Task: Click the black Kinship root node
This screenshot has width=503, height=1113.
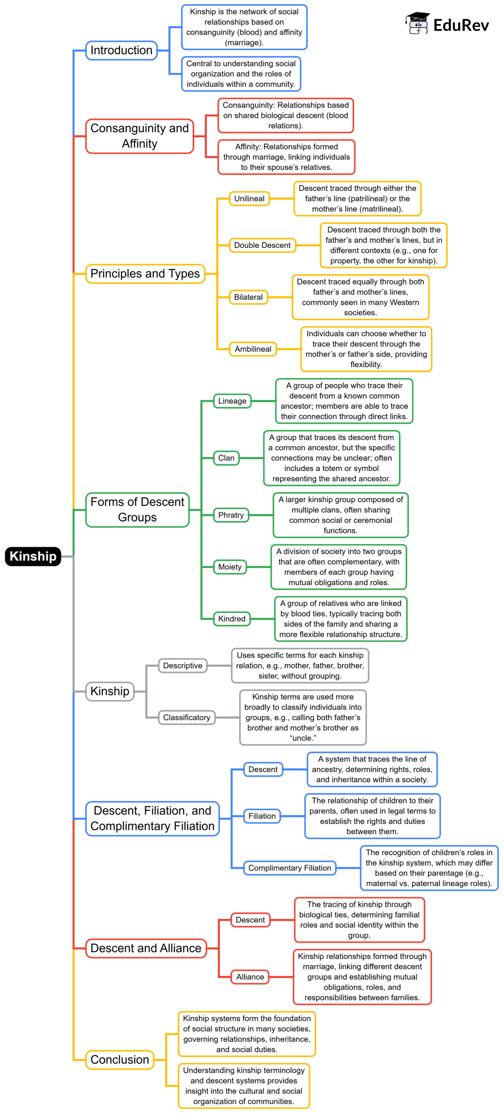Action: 33,556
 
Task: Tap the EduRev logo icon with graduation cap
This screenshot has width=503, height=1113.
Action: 418,24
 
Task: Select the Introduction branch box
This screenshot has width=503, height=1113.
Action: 121,50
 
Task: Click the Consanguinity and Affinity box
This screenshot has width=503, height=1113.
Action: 140,136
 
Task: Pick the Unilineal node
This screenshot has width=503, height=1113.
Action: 250,199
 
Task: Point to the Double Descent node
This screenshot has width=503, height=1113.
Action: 262,245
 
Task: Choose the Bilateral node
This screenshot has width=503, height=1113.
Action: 249,297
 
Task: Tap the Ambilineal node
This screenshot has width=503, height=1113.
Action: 253,349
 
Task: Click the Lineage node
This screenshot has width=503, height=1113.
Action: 232,401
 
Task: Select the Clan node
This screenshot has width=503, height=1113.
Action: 226,458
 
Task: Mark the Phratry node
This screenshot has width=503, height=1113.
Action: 231,515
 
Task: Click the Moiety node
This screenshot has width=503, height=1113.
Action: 230,567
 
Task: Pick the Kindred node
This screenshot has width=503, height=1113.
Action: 232,618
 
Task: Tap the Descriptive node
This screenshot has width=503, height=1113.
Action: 183,666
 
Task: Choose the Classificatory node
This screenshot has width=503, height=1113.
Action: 187,717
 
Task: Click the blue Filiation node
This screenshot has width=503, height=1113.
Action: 262,816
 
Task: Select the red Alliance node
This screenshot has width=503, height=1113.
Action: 250,977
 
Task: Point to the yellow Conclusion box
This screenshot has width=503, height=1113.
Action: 120,1059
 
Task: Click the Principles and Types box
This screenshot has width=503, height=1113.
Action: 145,273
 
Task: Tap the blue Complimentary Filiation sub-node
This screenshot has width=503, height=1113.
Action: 290,868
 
